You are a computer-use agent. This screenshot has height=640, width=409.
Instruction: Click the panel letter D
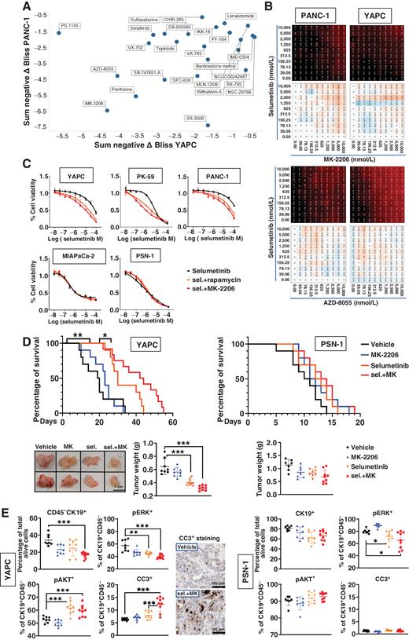(7, 320)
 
